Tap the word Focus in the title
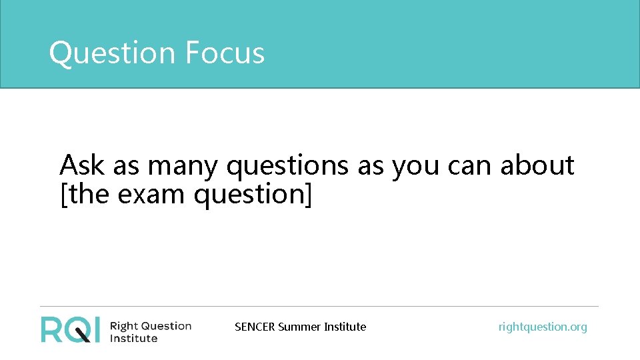pos(225,53)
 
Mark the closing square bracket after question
pos(308,195)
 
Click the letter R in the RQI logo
pos(52,329)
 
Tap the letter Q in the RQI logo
pos(79,330)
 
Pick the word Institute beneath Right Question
pos(133,338)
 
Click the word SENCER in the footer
pos(255,327)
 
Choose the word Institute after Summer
pos(345,327)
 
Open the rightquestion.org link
pos(543,327)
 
